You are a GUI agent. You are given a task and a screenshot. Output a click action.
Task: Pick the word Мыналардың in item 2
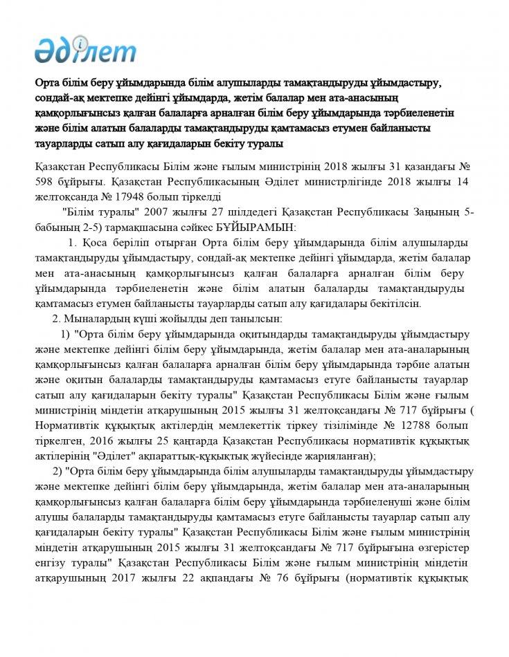pos(98,318)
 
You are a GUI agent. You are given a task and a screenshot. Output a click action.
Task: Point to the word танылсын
pos(253,318)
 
